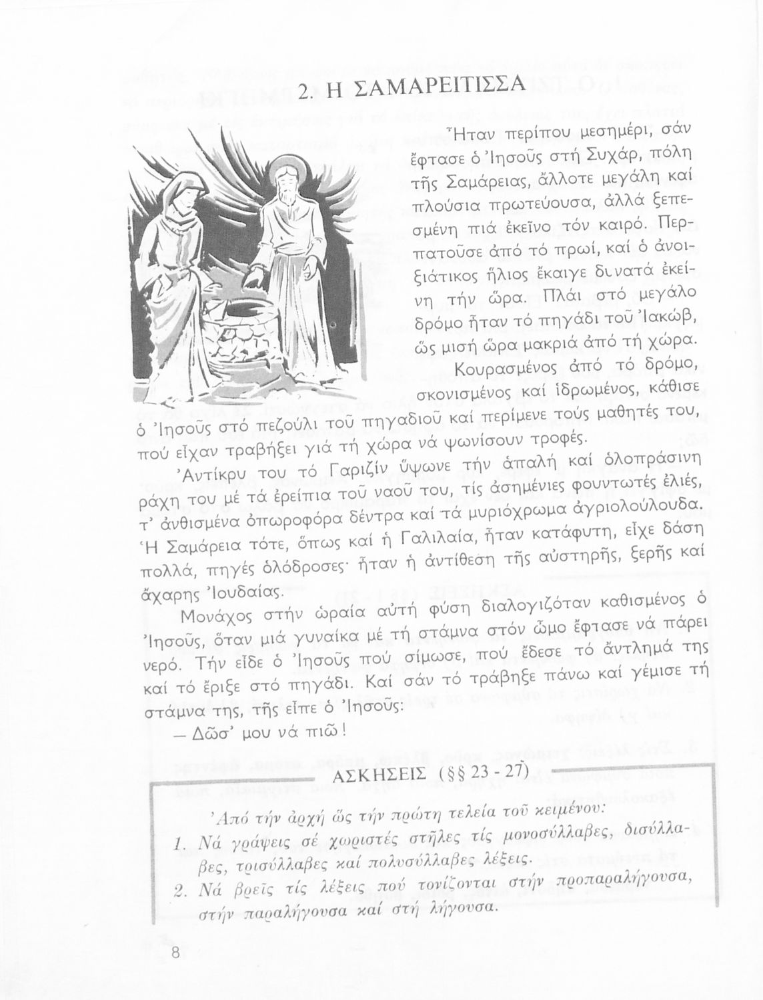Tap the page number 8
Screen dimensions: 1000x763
click(175, 953)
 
